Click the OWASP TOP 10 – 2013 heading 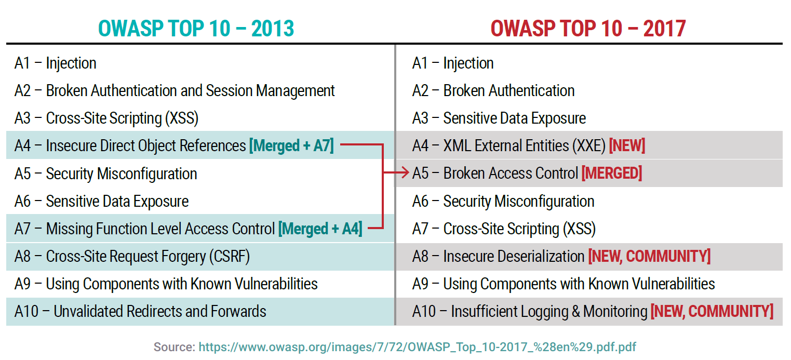(196, 29)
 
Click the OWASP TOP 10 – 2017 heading (588, 29)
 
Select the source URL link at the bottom (417, 347)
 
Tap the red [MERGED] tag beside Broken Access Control (611, 174)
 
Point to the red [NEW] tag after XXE (627, 146)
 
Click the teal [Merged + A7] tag (291, 146)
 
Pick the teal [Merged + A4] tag (320, 229)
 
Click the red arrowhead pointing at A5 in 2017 (405, 174)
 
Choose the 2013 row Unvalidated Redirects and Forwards (140, 312)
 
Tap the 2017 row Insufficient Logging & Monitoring (530, 312)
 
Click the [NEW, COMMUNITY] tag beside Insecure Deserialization (649, 256)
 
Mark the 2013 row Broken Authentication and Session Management (175, 91)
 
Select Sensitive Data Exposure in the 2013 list (101, 201)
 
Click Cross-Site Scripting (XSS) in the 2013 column (106, 118)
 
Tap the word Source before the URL (174, 347)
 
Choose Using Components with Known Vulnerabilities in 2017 (564, 284)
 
